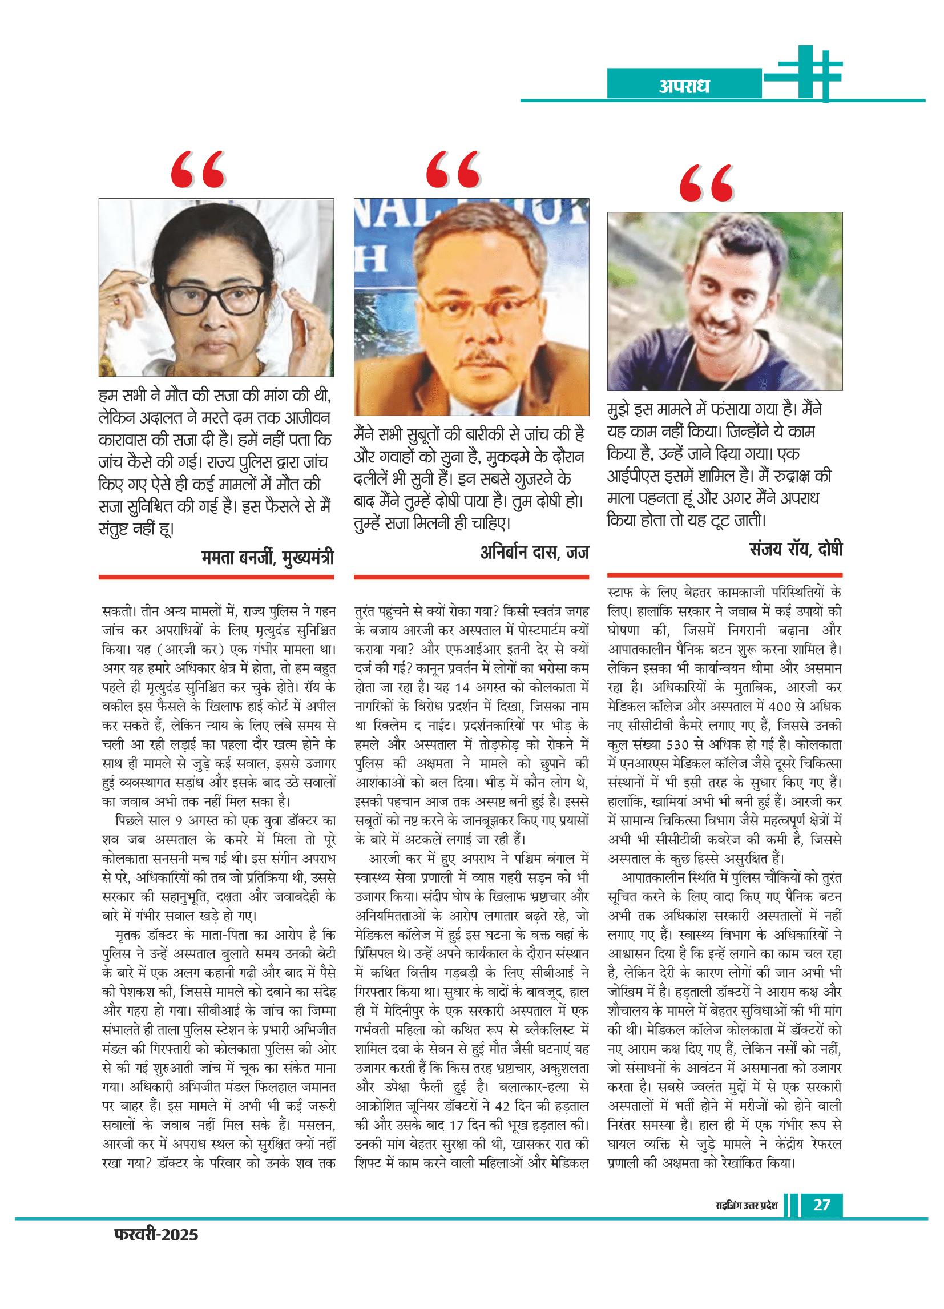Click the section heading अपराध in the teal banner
[x=684, y=86]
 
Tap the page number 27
[x=821, y=1205]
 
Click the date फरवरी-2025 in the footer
[x=156, y=1235]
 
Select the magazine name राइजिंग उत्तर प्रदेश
[x=746, y=1206]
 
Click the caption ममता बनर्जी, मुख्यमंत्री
[x=267, y=558]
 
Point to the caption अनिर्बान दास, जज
[x=534, y=553]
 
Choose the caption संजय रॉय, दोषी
[x=796, y=548]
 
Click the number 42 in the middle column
[x=502, y=1106]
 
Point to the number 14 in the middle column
[x=462, y=687]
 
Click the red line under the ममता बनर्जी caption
[x=216, y=577]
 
